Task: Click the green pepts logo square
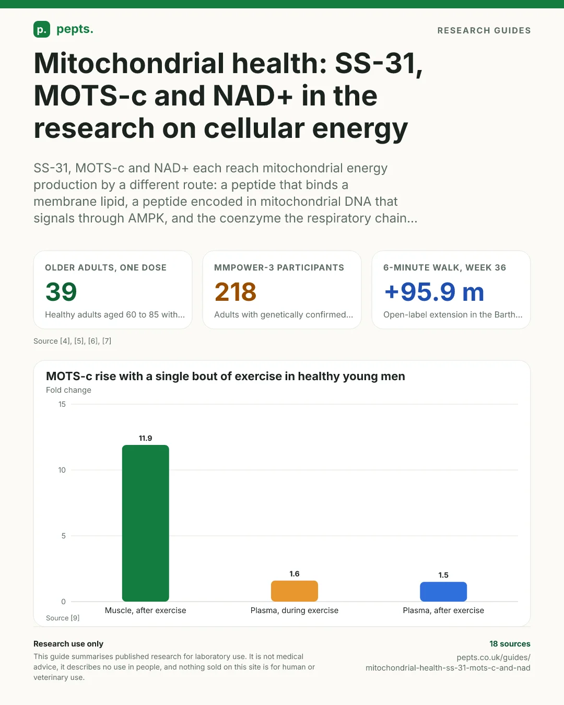click(x=42, y=29)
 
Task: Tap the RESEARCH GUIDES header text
click(x=484, y=30)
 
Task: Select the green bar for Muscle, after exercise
click(x=146, y=523)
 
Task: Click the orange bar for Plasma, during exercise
click(x=295, y=591)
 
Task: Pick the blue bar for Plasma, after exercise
click(x=443, y=592)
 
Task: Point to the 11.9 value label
click(x=146, y=438)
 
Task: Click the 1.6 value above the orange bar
click(x=295, y=574)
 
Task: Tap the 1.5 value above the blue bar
click(x=443, y=575)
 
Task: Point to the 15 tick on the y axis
click(x=62, y=404)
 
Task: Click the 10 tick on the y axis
click(x=62, y=470)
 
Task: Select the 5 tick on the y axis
click(x=64, y=536)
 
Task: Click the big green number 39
click(x=61, y=291)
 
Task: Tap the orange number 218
click(x=236, y=291)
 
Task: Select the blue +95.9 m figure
click(x=434, y=291)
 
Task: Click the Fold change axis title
click(x=68, y=390)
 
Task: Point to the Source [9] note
click(x=63, y=618)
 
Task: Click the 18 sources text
click(x=510, y=644)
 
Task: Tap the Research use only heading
click(x=68, y=644)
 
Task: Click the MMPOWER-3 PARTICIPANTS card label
click(x=279, y=268)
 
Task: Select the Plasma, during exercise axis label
click(x=295, y=610)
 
